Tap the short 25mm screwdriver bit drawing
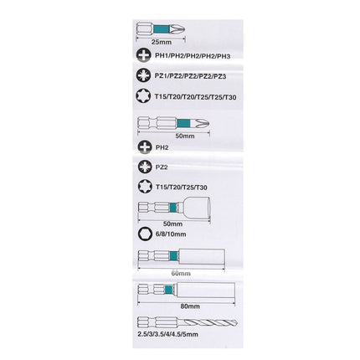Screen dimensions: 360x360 coord(159,28)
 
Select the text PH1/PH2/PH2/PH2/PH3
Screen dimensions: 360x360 coord(193,55)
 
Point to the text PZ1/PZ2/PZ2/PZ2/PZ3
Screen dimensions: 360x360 coord(193,75)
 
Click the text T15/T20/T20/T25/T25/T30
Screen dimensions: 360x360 coord(195,96)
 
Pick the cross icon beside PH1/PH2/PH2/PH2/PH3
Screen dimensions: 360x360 coord(143,55)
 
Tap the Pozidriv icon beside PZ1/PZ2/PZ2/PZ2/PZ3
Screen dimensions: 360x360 coord(143,75)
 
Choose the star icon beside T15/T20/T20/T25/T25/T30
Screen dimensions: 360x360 coord(143,96)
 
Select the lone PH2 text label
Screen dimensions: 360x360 coord(162,147)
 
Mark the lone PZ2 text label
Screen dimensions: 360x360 coord(162,167)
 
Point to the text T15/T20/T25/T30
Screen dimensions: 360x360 coord(181,188)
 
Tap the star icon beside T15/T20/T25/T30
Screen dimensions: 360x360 coord(143,187)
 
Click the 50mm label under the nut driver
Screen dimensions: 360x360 coord(173,224)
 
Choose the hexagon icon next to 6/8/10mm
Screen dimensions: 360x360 coord(143,237)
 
